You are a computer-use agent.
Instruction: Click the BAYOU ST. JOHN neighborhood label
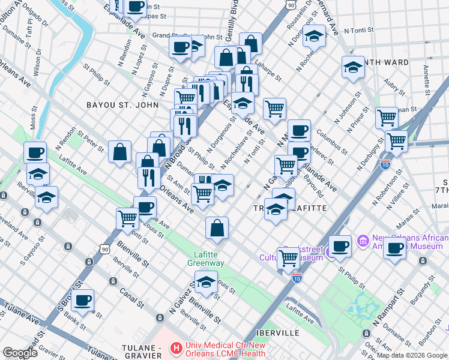click(x=122, y=104)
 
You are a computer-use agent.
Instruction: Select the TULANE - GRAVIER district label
click(x=142, y=352)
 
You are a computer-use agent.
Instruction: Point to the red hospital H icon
click(x=176, y=347)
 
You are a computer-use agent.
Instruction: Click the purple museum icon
click(x=363, y=241)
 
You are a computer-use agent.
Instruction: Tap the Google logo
click(x=20, y=353)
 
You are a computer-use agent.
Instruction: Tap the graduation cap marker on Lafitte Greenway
click(x=206, y=282)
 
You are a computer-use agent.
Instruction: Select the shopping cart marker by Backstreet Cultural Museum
click(x=289, y=258)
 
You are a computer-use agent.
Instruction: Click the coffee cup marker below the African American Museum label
click(x=394, y=248)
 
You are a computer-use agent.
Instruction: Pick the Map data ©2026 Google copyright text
click(x=412, y=355)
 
